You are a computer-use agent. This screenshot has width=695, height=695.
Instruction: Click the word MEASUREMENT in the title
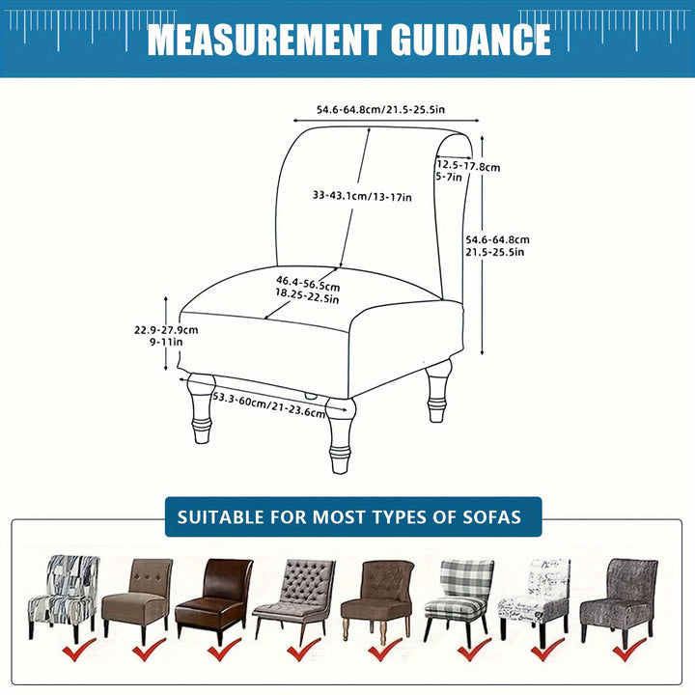(264, 40)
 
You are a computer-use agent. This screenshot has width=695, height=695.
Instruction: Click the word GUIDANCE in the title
(471, 40)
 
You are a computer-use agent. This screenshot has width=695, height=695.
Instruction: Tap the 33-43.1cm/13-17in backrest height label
(362, 195)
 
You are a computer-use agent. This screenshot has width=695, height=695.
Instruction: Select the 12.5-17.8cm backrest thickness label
(468, 166)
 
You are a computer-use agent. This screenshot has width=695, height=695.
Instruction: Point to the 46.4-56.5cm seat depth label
(308, 283)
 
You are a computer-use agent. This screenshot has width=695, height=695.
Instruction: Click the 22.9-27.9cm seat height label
(166, 330)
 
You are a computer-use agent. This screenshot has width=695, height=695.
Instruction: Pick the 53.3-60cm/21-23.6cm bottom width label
(269, 405)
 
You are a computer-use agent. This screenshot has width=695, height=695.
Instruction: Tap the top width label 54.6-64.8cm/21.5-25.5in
(380, 109)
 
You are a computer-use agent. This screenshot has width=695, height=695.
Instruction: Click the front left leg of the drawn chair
(202, 407)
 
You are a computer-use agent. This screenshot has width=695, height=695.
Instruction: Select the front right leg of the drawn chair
(341, 434)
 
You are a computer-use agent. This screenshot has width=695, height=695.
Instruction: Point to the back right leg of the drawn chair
(438, 391)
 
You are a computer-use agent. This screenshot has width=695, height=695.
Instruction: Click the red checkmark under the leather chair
(225, 650)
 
